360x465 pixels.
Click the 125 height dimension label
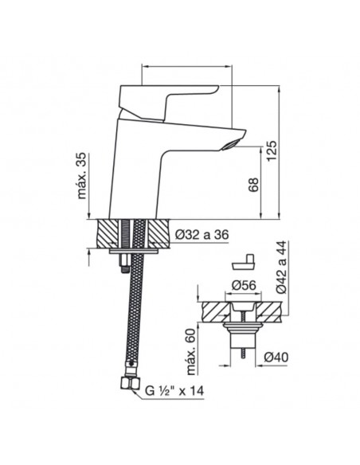(272, 150)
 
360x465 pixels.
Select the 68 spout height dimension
(253, 185)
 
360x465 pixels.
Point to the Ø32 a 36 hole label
(202, 235)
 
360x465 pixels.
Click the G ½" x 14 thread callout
(174, 391)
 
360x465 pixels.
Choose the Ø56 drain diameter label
(243, 285)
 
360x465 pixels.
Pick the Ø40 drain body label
(276, 358)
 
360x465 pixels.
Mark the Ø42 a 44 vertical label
(282, 267)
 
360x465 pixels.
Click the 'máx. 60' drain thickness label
(193, 351)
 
